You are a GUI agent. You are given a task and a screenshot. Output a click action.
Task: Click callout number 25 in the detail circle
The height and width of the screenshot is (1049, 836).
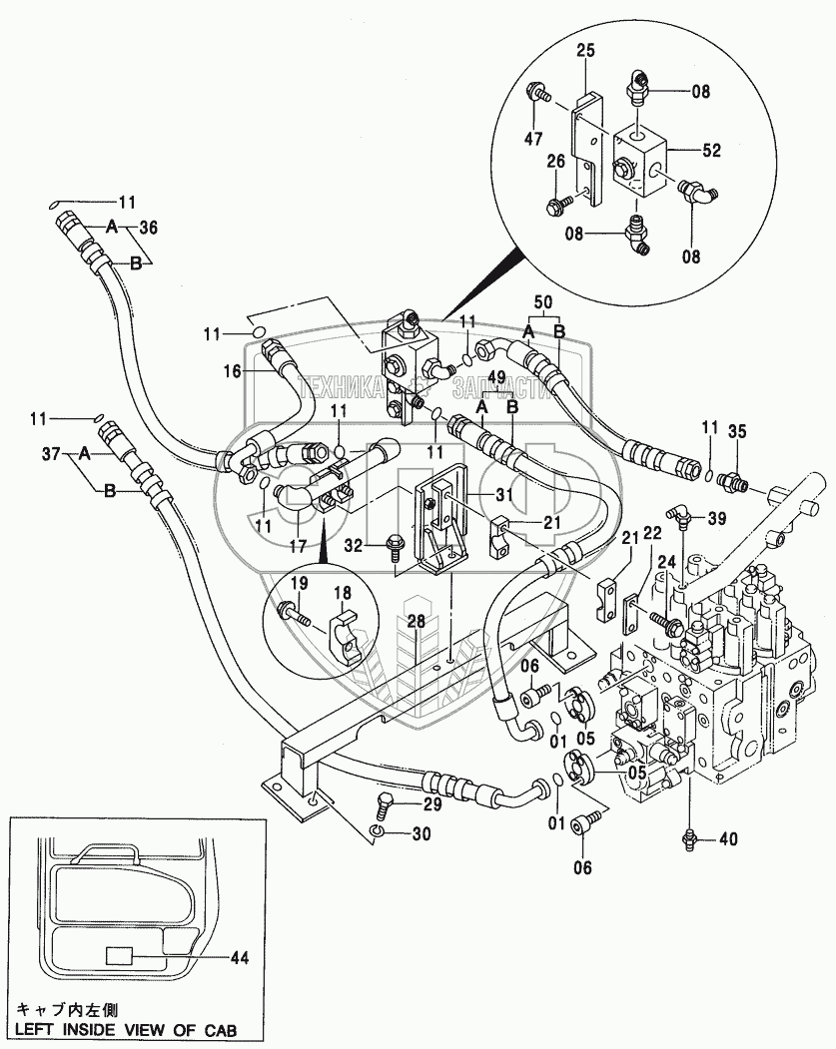[585, 49]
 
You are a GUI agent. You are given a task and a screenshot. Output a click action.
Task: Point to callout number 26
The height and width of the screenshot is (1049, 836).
[556, 162]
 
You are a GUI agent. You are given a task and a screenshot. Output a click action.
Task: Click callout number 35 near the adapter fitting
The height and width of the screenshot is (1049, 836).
[736, 431]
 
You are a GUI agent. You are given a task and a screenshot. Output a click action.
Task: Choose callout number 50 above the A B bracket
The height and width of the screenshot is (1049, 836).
[543, 300]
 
